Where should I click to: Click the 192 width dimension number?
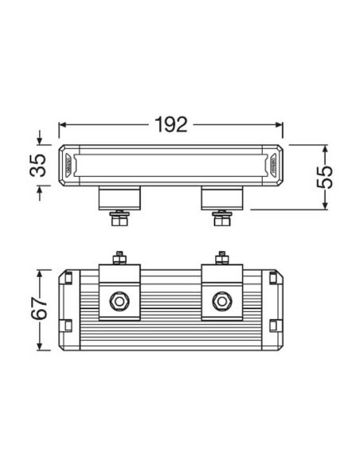[x=170, y=124]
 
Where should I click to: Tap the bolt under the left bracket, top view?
[x=119, y=217]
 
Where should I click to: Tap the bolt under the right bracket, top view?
[x=221, y=217]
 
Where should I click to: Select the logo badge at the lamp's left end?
[x=70, y=166]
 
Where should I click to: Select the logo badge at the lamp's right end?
[x=272, y=166]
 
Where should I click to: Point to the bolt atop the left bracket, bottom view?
[x=119, y=258]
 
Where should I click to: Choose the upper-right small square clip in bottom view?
[x=273, y=278]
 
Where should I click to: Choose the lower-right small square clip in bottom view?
[x=273, y=325]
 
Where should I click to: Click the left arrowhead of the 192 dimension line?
[x=63, y=124]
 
